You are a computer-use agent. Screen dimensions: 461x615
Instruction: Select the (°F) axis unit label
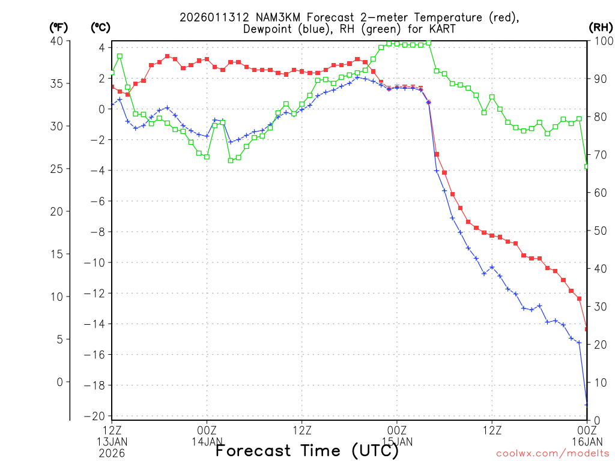click(x=58, y=28)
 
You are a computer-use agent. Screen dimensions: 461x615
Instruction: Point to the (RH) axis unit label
click(x=600, y=28)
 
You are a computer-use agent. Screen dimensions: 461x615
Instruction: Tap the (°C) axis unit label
click(x=100, y=28)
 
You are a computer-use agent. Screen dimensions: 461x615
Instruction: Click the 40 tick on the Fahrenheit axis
click(x=57, y=41)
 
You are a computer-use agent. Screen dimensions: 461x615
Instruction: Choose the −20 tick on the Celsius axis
click(x=97, y=417)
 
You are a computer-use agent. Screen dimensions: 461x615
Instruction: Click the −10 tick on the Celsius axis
click(x=97, y=263)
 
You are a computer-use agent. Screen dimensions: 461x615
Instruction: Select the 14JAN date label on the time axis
click(x=207, y=441)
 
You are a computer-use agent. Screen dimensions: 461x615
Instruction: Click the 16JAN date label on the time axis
click(x=587, y=441)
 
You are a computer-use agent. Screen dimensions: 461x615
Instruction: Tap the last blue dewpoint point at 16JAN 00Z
click(x=587, y=405)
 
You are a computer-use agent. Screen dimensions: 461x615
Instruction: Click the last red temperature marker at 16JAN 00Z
click(x=587, y=328)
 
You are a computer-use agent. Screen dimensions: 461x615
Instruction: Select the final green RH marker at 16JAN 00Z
click(x=587, y=166)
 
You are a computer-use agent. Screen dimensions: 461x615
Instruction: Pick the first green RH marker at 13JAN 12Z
click(x=112, y=73)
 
